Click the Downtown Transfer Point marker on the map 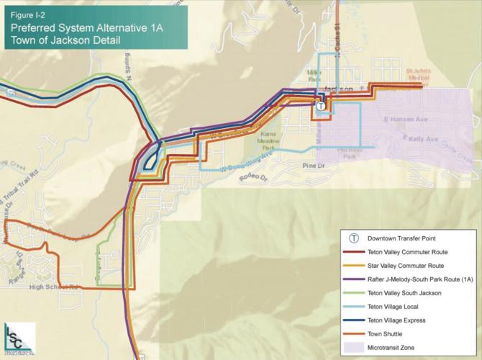(x=320, y=106)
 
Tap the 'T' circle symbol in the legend (x=354, y=238)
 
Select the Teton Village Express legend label (x=401, y=320)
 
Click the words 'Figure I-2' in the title (x=27, y=14)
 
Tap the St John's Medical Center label (x=418, y=74)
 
